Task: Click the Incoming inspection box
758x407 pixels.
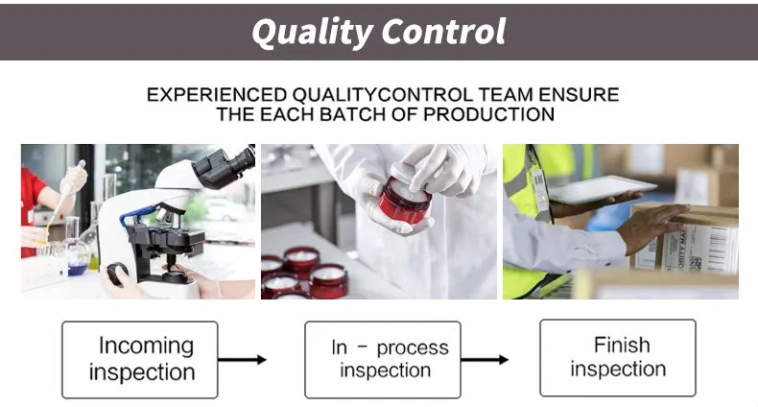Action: pyautogui.click(x=140, y=359)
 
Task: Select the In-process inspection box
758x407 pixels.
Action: pyautogui.click(x=383, y=359)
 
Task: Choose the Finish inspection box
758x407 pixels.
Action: pyautogui.click(x=617, y=357)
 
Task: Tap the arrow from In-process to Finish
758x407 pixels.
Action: pyautogui.click(x=485, y=360)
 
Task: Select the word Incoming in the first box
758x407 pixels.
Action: pyautogui.click(x=146, y=346)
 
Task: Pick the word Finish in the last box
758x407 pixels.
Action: pyautogui.click(x=622, y=345)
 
